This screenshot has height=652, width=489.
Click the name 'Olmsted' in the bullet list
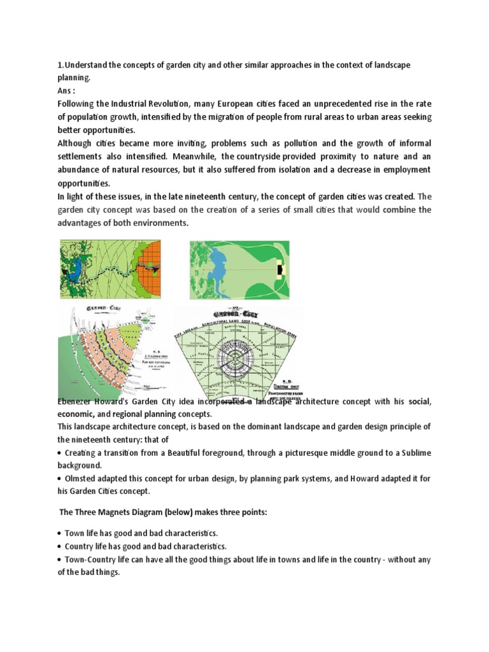coord(83,479)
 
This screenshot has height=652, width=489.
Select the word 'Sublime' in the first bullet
coord(413,453)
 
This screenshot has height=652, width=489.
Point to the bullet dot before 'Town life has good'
coord(59,533)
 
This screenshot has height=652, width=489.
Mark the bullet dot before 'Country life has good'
coord(59,546)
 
